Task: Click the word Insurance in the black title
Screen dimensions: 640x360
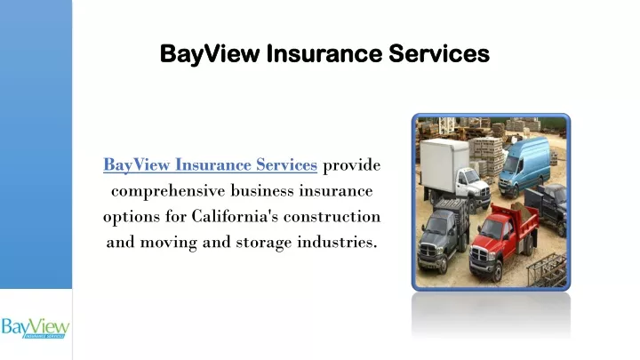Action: click(x=324, y=53)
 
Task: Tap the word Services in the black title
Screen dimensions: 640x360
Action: click(x=439, y=53)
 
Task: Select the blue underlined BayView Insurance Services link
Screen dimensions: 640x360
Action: click(x=210, y=165)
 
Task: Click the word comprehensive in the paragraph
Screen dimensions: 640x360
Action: click(x=168, y=191)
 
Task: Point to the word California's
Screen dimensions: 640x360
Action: click(x=235, y=216)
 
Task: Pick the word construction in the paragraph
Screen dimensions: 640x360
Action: click(x=332, y=216)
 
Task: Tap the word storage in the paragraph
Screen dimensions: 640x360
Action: click(x=264, y=243)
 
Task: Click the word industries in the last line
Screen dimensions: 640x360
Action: click(x=337, y=242)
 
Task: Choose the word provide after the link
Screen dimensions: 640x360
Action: click(x=351, y=165)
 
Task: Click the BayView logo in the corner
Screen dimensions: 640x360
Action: click(x=35, y=327)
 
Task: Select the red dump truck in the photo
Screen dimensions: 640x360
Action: click(x=504, y=240)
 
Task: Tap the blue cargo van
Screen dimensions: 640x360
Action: click(x=524, y=165)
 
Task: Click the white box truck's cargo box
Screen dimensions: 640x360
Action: click(x=444, y=164)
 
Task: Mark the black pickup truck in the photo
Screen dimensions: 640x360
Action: click(x=547, y=206)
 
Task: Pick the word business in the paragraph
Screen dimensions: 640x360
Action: click(x=262, y=190)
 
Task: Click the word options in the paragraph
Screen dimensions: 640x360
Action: click(x=132, y=217)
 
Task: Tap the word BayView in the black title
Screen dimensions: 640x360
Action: click(x=210, y=54)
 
